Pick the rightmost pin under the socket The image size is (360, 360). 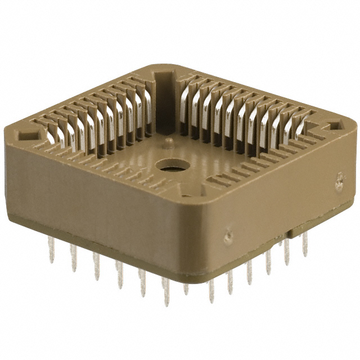coord(305,245)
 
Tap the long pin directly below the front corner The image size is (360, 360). coord(211,290)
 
